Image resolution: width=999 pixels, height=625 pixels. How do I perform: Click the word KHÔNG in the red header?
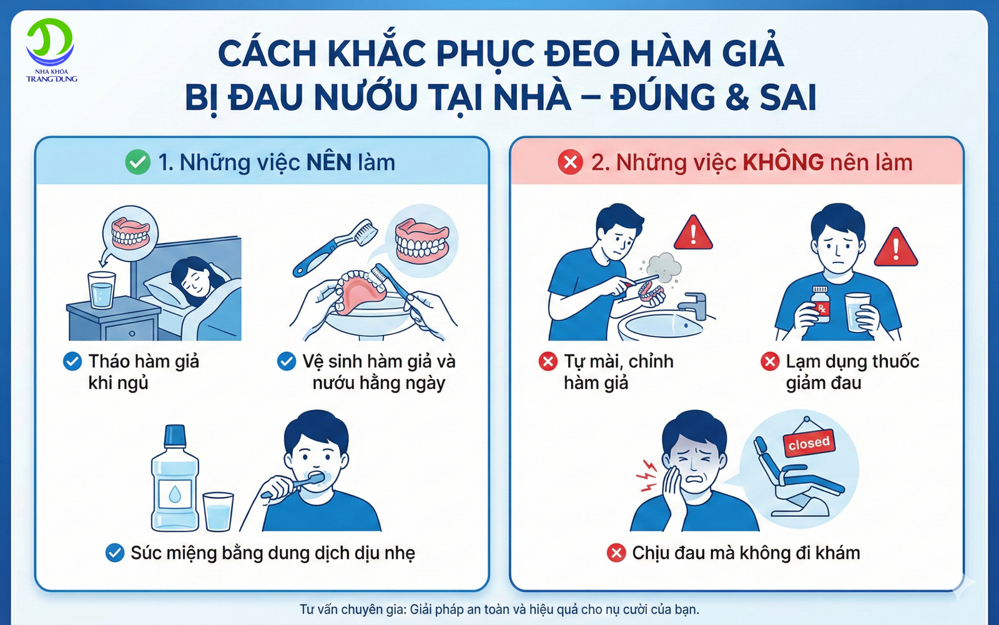point(783,162)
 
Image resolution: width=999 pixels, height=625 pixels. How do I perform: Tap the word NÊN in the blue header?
point(329,162)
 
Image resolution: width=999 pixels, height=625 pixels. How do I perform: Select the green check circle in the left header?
point(137,162)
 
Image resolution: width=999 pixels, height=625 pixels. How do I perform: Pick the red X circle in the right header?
point(570,162)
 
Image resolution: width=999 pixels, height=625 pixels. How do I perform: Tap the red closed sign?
point(809,443)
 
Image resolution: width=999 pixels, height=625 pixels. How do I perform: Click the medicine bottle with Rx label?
point(820,304)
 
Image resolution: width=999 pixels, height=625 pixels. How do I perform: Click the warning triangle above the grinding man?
point(693,233)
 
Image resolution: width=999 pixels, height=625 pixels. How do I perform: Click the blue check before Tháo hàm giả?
point(72,361)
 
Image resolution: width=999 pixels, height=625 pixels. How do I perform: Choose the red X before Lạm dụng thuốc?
point(770,361)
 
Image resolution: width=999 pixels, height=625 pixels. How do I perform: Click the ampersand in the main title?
point(737,97)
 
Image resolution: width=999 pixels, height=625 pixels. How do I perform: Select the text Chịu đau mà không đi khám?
point(746,553)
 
